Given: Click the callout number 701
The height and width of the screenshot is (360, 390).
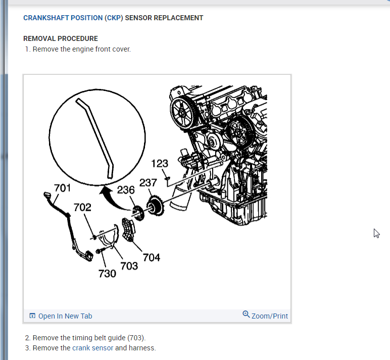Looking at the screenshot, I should (x=62, y=189).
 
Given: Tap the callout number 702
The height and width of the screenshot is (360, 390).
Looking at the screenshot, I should (x=82, y=207).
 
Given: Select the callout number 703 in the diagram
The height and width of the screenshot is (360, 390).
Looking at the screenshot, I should (x=129, y=266).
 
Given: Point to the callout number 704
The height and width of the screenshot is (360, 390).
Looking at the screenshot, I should (x=152, y=257).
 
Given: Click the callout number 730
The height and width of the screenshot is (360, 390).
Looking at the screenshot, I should (x=107, y=274).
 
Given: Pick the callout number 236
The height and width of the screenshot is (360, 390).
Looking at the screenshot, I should (x=126, y=190).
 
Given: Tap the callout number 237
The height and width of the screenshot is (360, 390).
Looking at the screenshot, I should (x=148, y=183).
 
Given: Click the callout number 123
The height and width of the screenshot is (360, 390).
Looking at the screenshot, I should (x=160, y=164).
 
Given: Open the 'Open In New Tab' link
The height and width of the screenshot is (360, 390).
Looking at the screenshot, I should (x=65, y=316).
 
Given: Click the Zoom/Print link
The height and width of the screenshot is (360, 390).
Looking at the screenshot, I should (x=270, y=316).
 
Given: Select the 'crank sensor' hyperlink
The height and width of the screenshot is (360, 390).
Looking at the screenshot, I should (x=93, y=348).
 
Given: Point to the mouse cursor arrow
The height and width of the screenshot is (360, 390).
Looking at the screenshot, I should (x=376, y=233).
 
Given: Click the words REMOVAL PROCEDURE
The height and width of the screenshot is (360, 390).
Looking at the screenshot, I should (x=61, y=38).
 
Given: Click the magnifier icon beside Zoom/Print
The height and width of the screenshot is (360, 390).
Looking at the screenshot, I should (x=246, y=314).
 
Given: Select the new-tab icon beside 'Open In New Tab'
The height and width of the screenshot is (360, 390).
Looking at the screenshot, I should (x=32, y=316).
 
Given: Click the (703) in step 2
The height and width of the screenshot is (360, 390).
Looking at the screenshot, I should (x=136, y=337).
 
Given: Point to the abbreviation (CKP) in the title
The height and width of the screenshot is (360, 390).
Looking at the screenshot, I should (x=114, y=18).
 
